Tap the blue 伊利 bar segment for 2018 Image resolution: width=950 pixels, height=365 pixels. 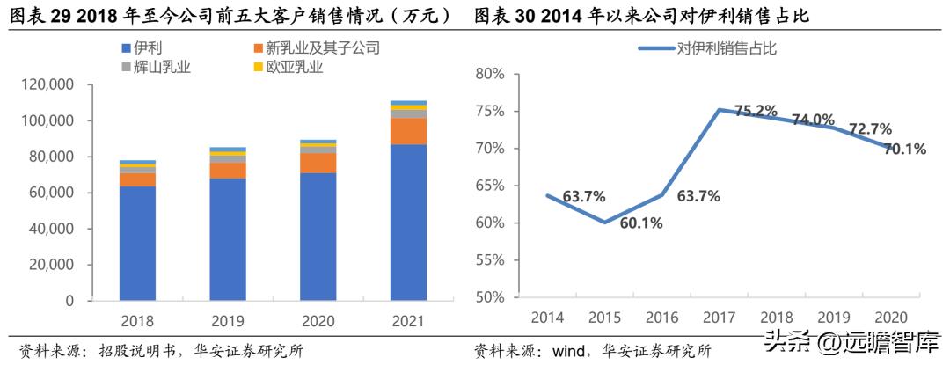137,243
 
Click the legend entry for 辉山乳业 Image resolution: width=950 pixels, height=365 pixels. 156,66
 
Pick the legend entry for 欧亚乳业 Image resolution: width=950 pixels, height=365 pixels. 283,66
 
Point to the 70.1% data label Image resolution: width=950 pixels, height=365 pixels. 903,150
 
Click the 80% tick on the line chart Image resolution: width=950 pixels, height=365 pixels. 488,74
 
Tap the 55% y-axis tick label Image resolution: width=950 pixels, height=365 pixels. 488,260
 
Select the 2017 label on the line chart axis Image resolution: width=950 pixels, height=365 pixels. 718,317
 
